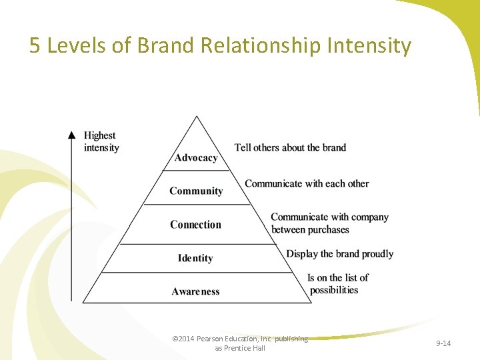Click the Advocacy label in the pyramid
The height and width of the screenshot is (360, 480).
(x=196, y=158)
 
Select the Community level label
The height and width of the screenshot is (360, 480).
(x=196, y=191)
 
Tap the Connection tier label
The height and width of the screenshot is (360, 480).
(x=195, y=225)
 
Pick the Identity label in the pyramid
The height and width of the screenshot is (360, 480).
(x=195, y=258)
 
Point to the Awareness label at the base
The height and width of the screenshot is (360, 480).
(x=195, y=291)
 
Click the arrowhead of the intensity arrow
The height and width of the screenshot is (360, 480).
(x=72, y=134)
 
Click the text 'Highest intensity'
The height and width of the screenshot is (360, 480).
(x=101, y=141)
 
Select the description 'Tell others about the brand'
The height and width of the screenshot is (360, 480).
(x=290, y=147)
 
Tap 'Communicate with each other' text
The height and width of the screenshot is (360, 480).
(x=307, y=183)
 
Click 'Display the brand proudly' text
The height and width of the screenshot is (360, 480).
(x=339, y=254)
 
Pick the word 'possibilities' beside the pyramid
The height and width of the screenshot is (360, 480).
(x=333, y=290)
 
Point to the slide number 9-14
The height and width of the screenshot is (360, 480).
(x=443, y=343)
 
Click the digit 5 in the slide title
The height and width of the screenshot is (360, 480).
(x=35, y=46)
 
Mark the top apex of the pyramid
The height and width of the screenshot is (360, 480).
(x=196, y=117)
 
